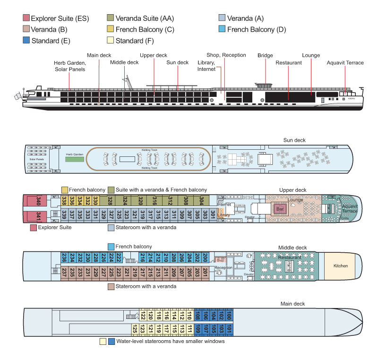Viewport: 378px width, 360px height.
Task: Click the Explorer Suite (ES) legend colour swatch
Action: pos(26,18)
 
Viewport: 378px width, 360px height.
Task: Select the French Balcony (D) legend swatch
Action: pos(222,29)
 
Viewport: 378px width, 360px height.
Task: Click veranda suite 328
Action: pos(111,201)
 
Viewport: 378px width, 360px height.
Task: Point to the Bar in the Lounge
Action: pos(280,208)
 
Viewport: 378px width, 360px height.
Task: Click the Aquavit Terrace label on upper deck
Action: pos(350,208)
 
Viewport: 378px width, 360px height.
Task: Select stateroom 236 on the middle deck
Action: pos(64,257)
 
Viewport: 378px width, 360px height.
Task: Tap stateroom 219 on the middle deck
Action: pos(135,273)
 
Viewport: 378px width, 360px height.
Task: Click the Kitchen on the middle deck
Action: pos(340,266)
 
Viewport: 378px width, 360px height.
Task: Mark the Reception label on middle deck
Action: pos(223,268)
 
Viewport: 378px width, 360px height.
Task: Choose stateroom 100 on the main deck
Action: pos(229,315)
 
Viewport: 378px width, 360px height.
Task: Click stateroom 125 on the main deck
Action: pos(135,329)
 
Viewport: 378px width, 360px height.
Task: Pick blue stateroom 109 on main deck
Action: pos(198,329)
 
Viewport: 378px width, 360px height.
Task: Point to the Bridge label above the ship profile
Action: pos(265,55)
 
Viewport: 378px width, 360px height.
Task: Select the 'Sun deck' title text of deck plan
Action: pos(294,140)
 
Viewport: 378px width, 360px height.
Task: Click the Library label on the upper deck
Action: pos(223,215)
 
